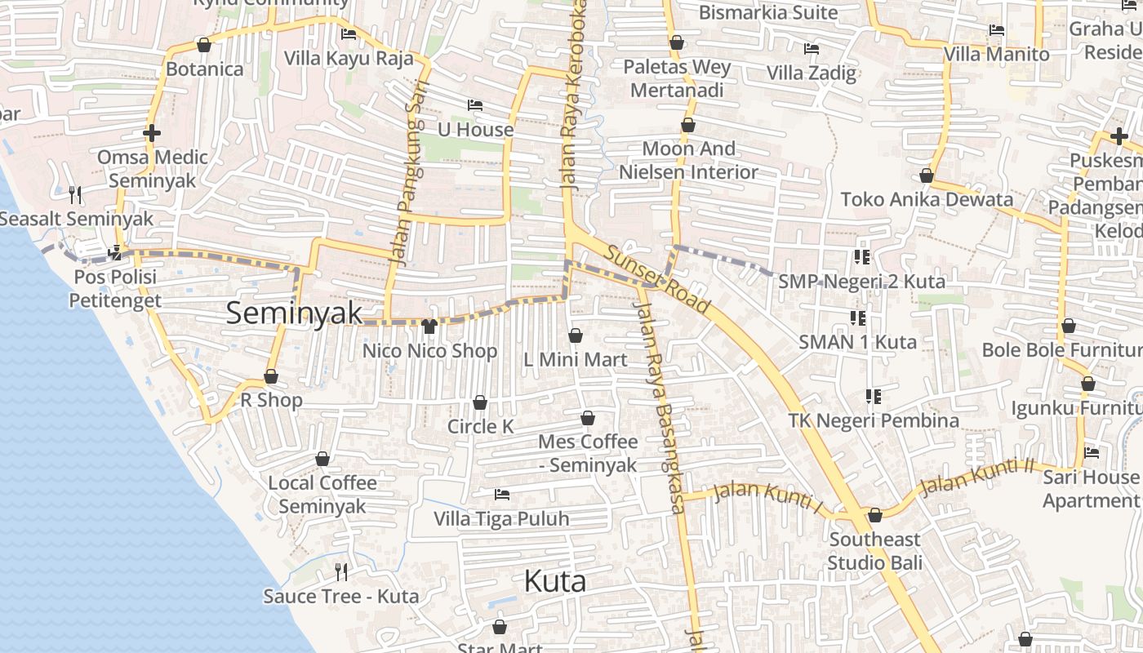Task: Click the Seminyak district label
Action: [294, 313]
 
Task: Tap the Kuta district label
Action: [555, 582]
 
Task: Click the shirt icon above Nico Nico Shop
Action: [429, 326]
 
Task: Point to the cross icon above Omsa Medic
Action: [151, 132]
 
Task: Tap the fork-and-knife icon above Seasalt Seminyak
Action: [75, 194]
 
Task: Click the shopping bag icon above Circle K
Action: [480, 402]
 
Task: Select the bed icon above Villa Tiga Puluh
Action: [502, 495]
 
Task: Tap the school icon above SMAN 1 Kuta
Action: [857, 318]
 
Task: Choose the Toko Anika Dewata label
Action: [927, 199]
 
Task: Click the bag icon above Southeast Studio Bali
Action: [875, 515]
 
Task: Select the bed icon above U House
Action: [475, 105]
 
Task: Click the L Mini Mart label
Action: [575, 360]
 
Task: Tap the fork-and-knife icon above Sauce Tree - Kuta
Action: [341, 571]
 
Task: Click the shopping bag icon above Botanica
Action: [204, 45]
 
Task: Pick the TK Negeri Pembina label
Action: [873, 421]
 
